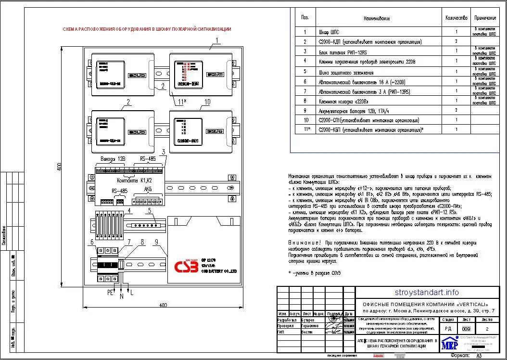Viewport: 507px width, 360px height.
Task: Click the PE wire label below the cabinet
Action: (109, 292)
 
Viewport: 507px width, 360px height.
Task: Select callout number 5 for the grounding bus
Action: (150, 210)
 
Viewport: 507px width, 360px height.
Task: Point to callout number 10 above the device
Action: (207, 102)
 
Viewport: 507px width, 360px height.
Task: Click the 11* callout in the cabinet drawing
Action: (181, 102)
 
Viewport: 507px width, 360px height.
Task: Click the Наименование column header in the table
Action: (377, 18)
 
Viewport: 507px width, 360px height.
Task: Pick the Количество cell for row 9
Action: (456, 110)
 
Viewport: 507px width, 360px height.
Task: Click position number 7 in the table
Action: (304, 91)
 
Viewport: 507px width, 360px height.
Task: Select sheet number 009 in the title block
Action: (466, 329)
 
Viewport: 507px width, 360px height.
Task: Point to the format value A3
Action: (479, 356)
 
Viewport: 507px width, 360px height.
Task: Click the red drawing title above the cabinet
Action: (147, 29)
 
